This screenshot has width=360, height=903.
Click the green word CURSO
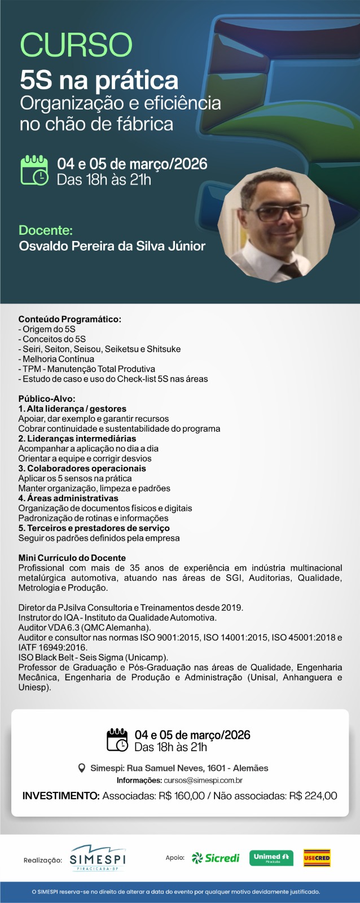click(x=76, y=45)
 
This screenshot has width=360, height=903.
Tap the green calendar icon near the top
click(x=34, y=170)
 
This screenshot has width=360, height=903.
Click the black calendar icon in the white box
click(x=117, y=740)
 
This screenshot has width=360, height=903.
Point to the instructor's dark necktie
click(x=290, y=269)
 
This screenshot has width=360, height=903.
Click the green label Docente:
click(x=46, y=230)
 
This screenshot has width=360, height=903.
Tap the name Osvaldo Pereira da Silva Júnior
click(x=112, y=246)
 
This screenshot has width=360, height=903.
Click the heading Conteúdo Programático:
click(x=69, y=319)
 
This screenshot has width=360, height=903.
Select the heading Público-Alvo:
click(x=47, y=398)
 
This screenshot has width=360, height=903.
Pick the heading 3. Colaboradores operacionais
click(x=82, y=468)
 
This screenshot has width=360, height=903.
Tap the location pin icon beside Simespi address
click(x=82, y=768)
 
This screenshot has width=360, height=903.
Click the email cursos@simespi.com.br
click(x=203, y=781)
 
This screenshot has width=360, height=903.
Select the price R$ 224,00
click(x=313, y=796)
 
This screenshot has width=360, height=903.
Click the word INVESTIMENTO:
click(x=61, y=796)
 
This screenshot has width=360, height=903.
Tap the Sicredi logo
click(x=216, y=858)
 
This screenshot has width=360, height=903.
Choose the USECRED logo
click(x=317, y=858)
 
